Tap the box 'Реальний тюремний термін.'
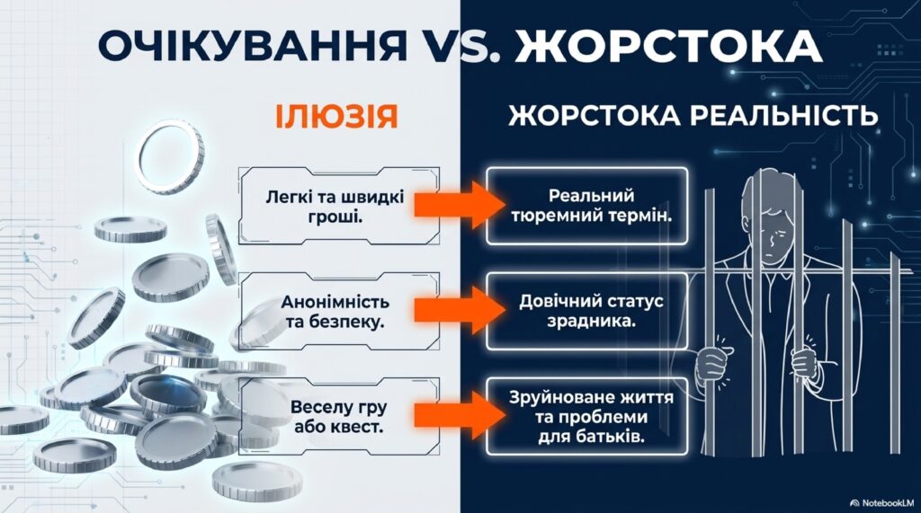pyautogui.click(x=591, y=206)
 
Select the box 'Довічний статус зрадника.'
pyautogui.click(x=591, y=311)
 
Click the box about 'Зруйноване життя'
pyautogui.click(x=591, y=417)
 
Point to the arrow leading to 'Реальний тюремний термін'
pyautogui.click(x=452, y=206)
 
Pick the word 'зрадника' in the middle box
pyautogui.click(x=591, y=322)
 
